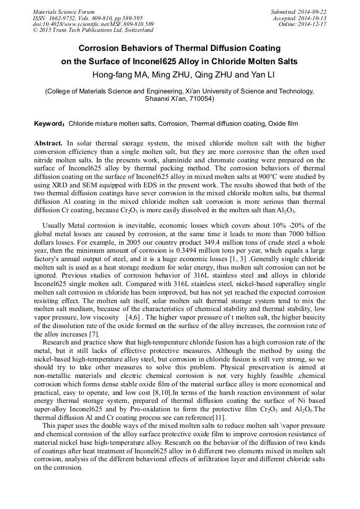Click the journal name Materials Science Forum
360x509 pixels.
(64, 12)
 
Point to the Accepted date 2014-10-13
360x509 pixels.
(313, 18)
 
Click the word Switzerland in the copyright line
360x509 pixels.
(135, 30)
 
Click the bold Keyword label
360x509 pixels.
(49, 124)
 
